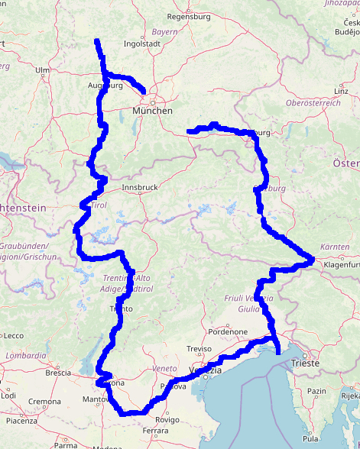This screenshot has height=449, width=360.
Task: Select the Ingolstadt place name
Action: coord(140,44)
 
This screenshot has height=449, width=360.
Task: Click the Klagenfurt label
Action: coord(341,264)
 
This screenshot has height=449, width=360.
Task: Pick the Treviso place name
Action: coord(199,348)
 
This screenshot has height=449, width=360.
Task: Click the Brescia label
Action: coord(58,373)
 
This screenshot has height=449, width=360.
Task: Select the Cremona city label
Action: coord(45,401)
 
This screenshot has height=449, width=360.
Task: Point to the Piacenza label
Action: coord(21,421)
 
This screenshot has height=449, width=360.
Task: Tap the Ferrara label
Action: coord(155,431)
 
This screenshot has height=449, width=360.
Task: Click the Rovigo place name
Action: coord(167,419)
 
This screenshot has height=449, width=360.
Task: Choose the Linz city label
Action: coord(342,91)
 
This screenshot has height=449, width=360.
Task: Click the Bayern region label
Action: coord(164,32)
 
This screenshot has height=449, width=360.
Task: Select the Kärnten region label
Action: coord(335,247)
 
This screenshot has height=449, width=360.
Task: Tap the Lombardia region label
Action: coord(25,356)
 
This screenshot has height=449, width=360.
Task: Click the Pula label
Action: coord(311,439)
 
